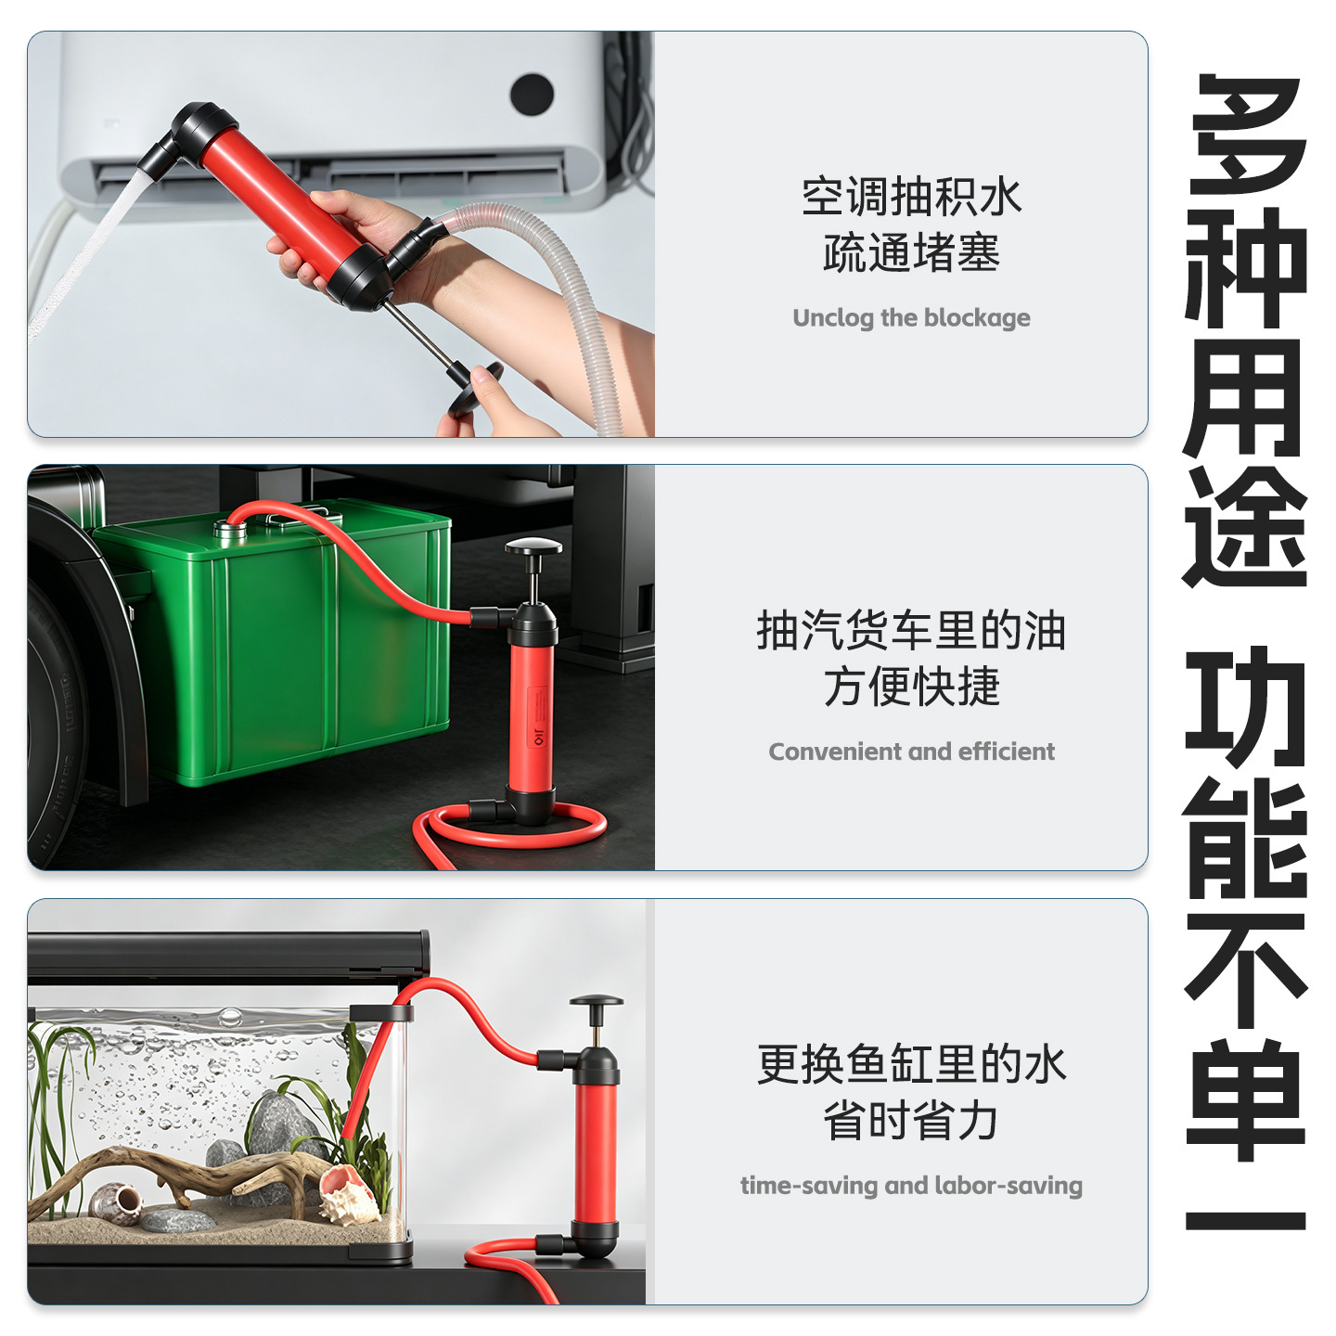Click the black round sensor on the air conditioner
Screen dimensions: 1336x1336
click(532, 94)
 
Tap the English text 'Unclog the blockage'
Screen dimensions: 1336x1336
click(911, 318)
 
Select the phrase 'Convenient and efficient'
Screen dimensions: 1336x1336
click(911, 751)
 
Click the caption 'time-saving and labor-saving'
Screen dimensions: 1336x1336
click(911, 1186)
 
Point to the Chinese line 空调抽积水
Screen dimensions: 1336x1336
click(911, 197)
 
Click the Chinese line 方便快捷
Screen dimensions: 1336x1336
click(911, 687)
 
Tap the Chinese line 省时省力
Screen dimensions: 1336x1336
click(911, 1121)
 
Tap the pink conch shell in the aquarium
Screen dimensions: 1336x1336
click(348, 1191)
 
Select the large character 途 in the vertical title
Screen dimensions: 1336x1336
click(1246, 527)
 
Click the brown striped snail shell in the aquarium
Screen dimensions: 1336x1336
click(117, 1203)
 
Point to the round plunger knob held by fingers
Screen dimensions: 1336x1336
click(475, 388)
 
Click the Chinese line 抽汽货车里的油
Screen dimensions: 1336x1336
click(911, 631)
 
